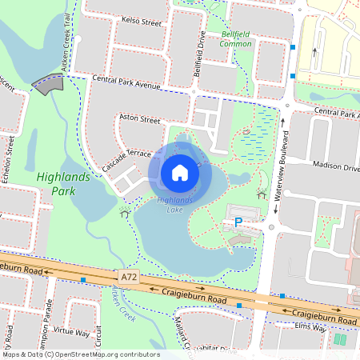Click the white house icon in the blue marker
coord(180,172)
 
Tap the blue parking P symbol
coord(237,222)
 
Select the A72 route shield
coord(128,276)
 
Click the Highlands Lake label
coord(174,205)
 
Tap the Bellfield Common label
coord(236,39)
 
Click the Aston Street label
coord(139,118)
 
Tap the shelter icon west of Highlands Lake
coord(122,213)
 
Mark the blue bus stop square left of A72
coord(83,279)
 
